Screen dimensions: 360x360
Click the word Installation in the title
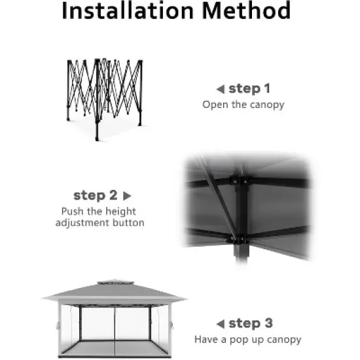[x=128, y=10]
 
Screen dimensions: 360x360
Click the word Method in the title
[x=246, y=10]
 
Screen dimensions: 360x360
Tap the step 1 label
[x=249, y=89]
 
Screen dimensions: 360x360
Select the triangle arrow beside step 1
[x=221, y=89]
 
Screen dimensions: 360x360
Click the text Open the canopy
[x=243, y=105]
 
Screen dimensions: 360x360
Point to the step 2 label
[x=96, y=196]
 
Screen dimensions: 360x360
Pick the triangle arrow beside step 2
[x=127, y=196]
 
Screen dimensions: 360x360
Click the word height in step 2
[x=120, y=211]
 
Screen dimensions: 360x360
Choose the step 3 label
[x=251, y=323]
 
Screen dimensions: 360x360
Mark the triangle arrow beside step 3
[x=221, y=324]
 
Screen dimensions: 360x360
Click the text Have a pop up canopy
[x=247, y=340]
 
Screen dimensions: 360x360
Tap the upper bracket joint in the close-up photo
[x=239, y=180]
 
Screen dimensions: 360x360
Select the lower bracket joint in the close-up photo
[x=238, y=241]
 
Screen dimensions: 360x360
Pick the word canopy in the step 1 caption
[x=267, y=105]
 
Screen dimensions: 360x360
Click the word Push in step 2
[x=73, y=211]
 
